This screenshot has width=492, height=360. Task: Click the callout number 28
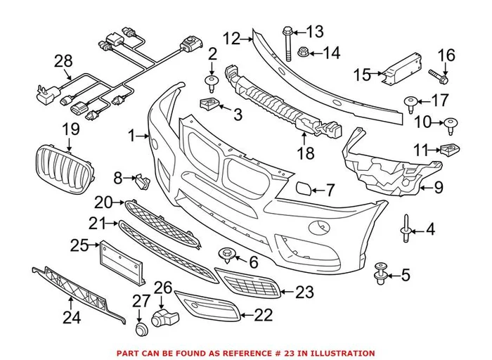[x=63, y=63]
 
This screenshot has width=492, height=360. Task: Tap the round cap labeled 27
[x=139, y=328]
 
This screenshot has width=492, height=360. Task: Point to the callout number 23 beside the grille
[x=304, y=290]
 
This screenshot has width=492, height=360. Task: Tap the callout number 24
[x=72, y=317]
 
